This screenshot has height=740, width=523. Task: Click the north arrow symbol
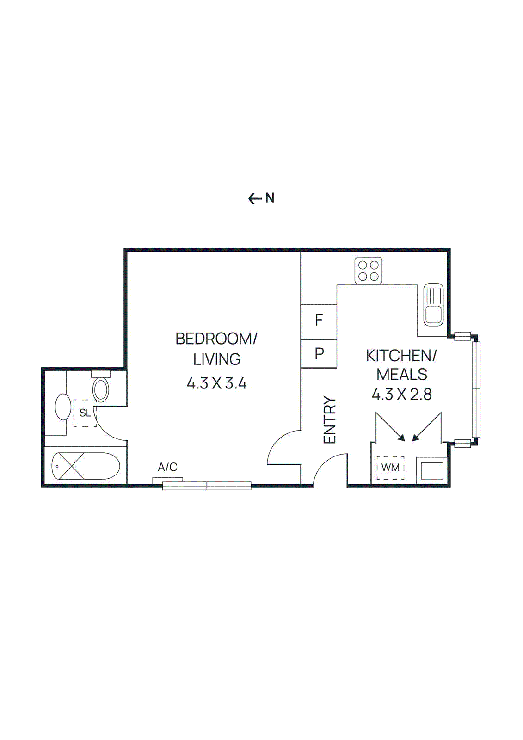254,199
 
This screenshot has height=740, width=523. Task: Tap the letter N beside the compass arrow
270,198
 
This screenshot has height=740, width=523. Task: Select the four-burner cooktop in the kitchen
369,271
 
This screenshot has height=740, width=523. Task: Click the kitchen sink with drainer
433,305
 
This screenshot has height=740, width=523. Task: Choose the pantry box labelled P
319,354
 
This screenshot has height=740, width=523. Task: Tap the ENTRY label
330,420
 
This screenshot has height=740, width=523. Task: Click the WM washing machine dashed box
390,468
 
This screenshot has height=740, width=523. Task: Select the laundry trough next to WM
431,471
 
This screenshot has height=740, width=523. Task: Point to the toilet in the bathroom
101,388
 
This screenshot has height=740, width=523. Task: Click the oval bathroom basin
63,407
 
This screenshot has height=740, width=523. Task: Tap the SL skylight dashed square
85,413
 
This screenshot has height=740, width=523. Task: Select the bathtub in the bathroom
86,466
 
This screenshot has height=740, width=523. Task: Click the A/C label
167,467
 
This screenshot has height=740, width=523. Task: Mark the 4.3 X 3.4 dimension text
216,383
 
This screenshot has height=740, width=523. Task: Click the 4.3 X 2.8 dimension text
401,395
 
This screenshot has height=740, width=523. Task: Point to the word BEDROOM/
216,339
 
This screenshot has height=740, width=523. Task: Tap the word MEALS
401,374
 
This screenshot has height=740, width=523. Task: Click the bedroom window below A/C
207,486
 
